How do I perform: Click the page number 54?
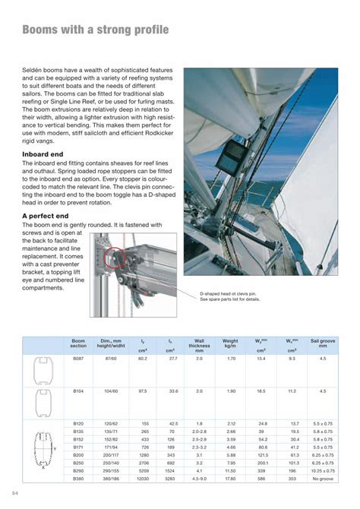click(x=16, y=492)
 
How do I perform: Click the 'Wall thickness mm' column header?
click(x=199, y=347)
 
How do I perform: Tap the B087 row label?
click(x=78, y=358)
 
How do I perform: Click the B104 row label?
click(x=78, y=390)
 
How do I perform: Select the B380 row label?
click(x=78, y=479)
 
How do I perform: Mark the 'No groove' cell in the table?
click(x=322, y=479)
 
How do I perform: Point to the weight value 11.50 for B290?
click(x=231, y=472)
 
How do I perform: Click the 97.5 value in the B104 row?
click(x=142, y=390)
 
